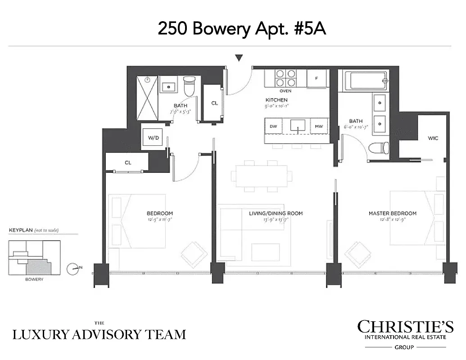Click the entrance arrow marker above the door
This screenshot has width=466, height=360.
(239, 58)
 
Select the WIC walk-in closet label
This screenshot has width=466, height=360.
(433, 138)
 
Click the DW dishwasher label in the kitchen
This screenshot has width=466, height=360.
(273, 126)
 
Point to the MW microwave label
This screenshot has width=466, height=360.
(319, 126)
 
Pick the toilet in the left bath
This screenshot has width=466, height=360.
(190, 85)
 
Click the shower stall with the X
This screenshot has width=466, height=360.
(148, 98)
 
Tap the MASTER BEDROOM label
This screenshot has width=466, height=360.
(392, 213)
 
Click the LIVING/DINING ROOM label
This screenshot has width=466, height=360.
(276, 213)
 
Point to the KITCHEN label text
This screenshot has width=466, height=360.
(276, 100)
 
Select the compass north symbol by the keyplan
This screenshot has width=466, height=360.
(72, 269)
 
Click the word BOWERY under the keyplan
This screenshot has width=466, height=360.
(34, 279)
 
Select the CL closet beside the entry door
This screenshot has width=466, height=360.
(214, 103)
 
